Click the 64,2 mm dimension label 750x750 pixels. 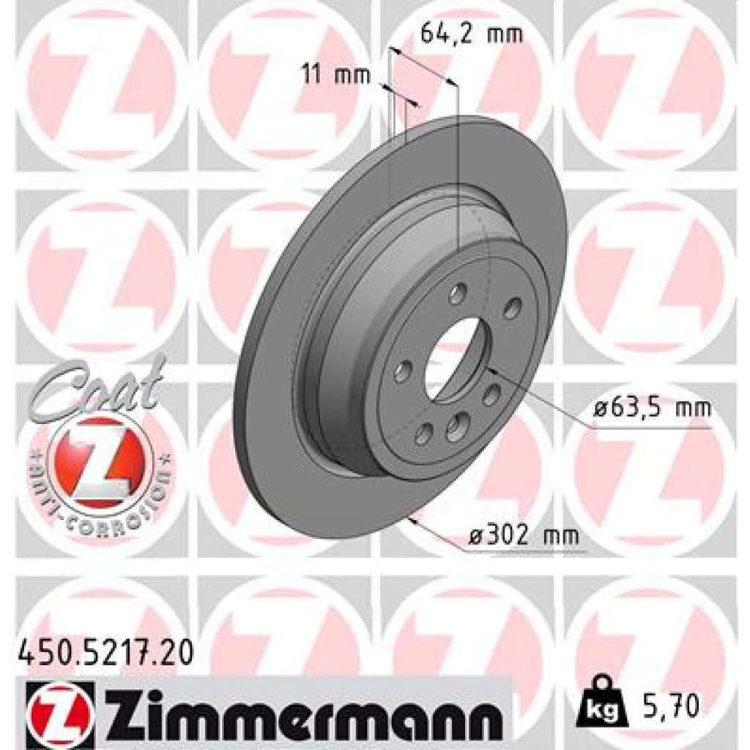click(472, 34)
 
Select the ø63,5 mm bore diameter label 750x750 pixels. click(651, 408)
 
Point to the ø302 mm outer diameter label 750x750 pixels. click(523, 536)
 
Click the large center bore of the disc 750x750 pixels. click(454, 359)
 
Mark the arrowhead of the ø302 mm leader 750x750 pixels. click(415, 521)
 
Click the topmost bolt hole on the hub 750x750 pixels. click(457, 294)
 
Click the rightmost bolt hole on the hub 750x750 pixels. click(513, 308)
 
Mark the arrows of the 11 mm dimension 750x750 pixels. click(401, 97)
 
